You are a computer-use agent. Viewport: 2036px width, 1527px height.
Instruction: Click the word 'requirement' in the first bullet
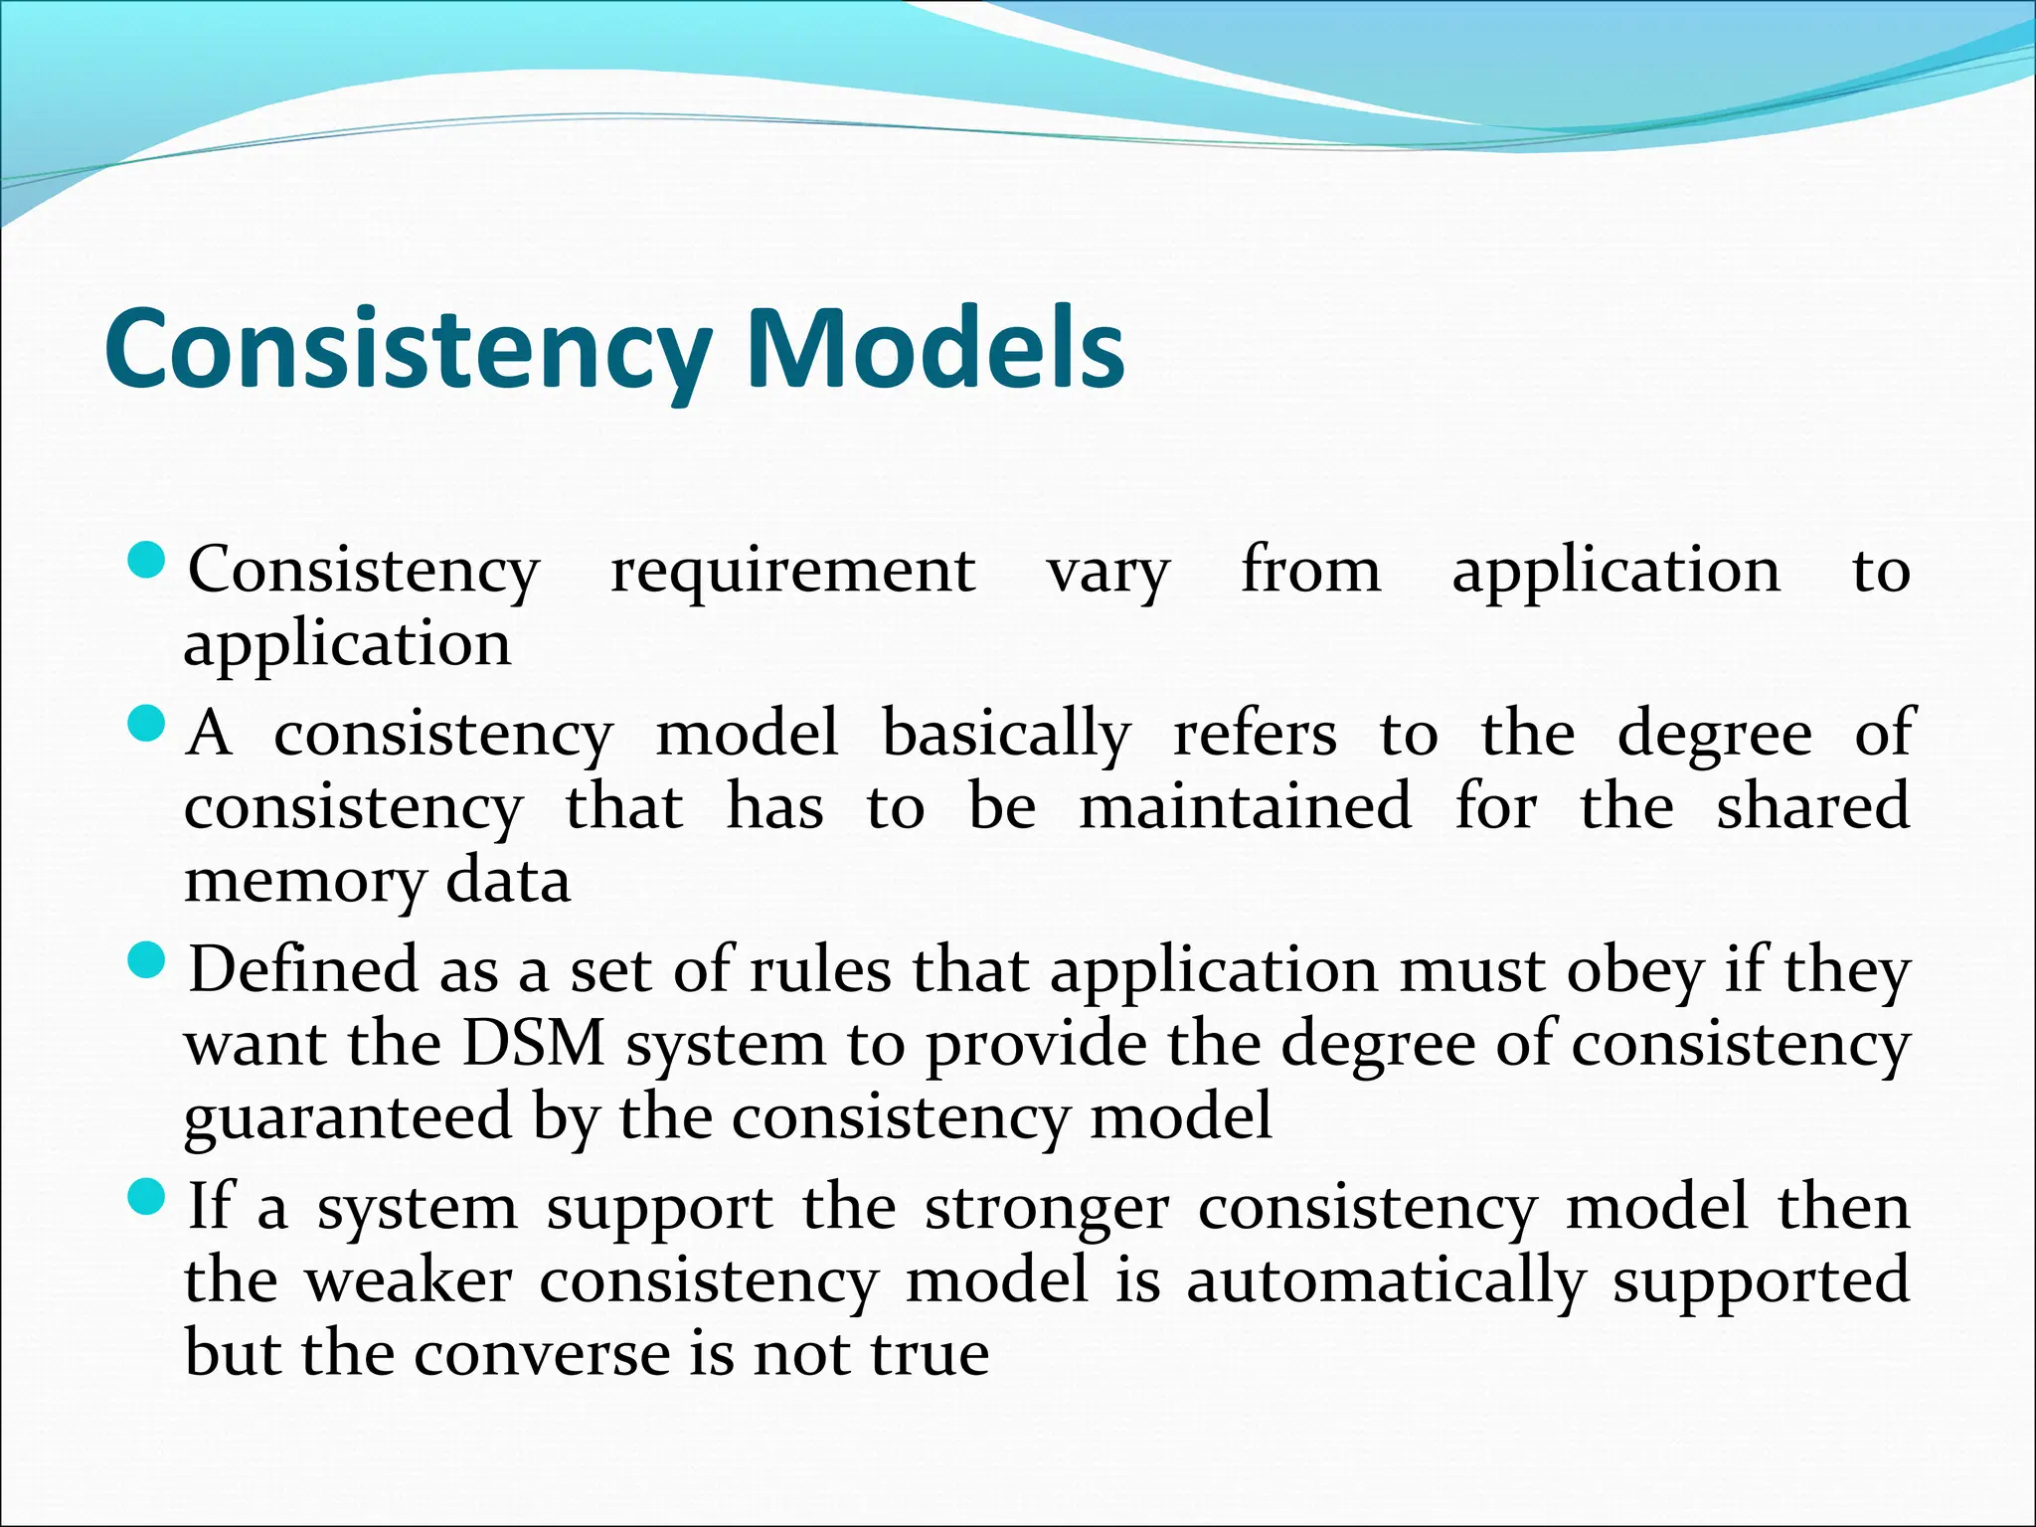[x=792, y=573]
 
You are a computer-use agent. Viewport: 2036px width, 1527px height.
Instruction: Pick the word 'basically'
[x=1006, y=736]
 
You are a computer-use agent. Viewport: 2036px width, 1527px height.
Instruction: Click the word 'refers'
[x=1255, y=734]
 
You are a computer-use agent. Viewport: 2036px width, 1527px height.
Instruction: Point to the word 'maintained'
[x=1245, y=806]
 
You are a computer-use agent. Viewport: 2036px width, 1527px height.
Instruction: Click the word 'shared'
[x=1812, y=806]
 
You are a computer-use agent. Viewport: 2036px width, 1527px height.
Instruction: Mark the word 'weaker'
[x=408, y=1280]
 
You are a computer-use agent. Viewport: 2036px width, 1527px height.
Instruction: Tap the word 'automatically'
[x=1385, y=1282]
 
